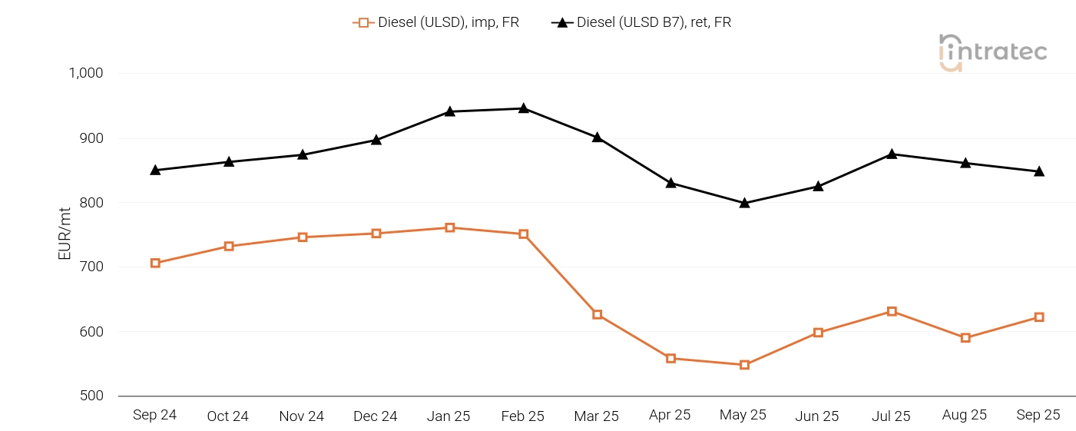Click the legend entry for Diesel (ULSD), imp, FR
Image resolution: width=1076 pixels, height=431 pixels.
click(436, 22)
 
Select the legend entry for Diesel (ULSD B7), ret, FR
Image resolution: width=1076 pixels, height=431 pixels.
click(641, 22)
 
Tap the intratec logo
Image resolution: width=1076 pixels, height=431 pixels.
click(992, 52)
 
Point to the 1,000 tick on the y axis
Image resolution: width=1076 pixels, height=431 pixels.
click(86, 74)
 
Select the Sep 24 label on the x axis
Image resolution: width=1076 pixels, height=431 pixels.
click(154, 415)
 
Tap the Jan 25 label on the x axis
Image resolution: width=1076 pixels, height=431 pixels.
click(449, 416)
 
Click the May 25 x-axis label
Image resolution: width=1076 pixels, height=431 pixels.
click(743, 415)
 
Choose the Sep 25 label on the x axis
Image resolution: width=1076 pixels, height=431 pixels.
click(1038, 415)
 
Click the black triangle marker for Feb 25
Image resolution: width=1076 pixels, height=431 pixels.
click(523, 108)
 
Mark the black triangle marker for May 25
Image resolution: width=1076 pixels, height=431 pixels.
click(744, 203)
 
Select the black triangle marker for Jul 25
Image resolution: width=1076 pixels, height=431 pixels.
click(892, 154)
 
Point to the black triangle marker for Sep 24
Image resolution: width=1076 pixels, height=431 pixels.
click(155, 170)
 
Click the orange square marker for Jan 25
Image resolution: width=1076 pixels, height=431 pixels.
click(450, 227)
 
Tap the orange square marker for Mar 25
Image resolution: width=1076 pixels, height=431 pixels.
click(597, 314)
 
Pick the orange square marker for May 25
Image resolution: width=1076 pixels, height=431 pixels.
click(744, 365)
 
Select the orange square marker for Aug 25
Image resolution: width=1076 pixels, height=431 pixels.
click(965, 337)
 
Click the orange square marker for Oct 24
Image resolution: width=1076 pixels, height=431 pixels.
click(229, 246)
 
